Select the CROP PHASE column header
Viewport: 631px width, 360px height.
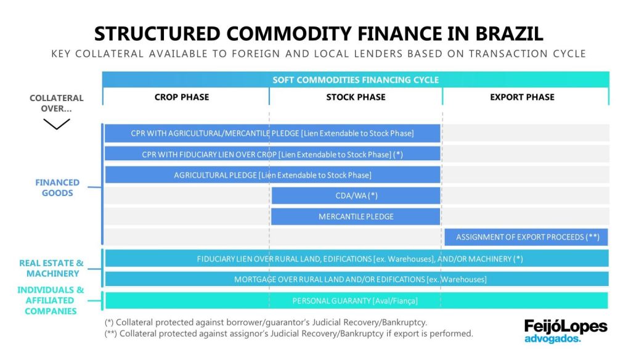point(182,97)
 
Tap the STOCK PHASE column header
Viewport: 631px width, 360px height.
point(356,97)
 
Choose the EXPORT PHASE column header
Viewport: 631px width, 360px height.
point(522,97)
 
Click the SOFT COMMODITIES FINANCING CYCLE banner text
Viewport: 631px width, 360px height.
point(356,80)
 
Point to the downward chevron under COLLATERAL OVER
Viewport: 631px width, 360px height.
point(56,124)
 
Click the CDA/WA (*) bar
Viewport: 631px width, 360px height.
point(356,196)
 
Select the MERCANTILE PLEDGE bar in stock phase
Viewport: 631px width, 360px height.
point(356,217)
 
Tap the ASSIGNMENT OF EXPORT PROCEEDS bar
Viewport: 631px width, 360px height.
point(527,237)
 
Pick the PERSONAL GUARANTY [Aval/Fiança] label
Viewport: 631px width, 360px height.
point(356,301)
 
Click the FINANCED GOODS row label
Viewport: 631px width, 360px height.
point(57,187)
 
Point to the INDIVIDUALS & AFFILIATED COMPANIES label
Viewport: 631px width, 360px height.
point(51,300)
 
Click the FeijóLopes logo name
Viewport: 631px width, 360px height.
point(566,326)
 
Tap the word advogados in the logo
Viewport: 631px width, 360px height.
point(552,338)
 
